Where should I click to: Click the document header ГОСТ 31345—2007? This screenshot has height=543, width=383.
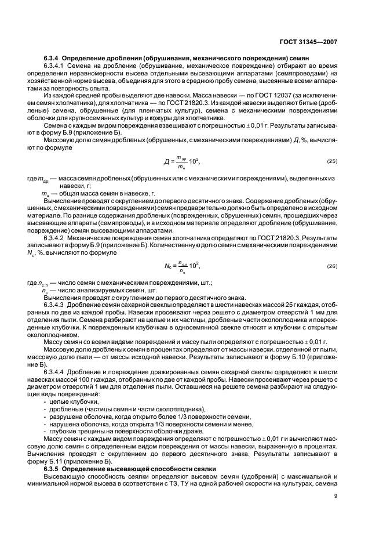[307, 42]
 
